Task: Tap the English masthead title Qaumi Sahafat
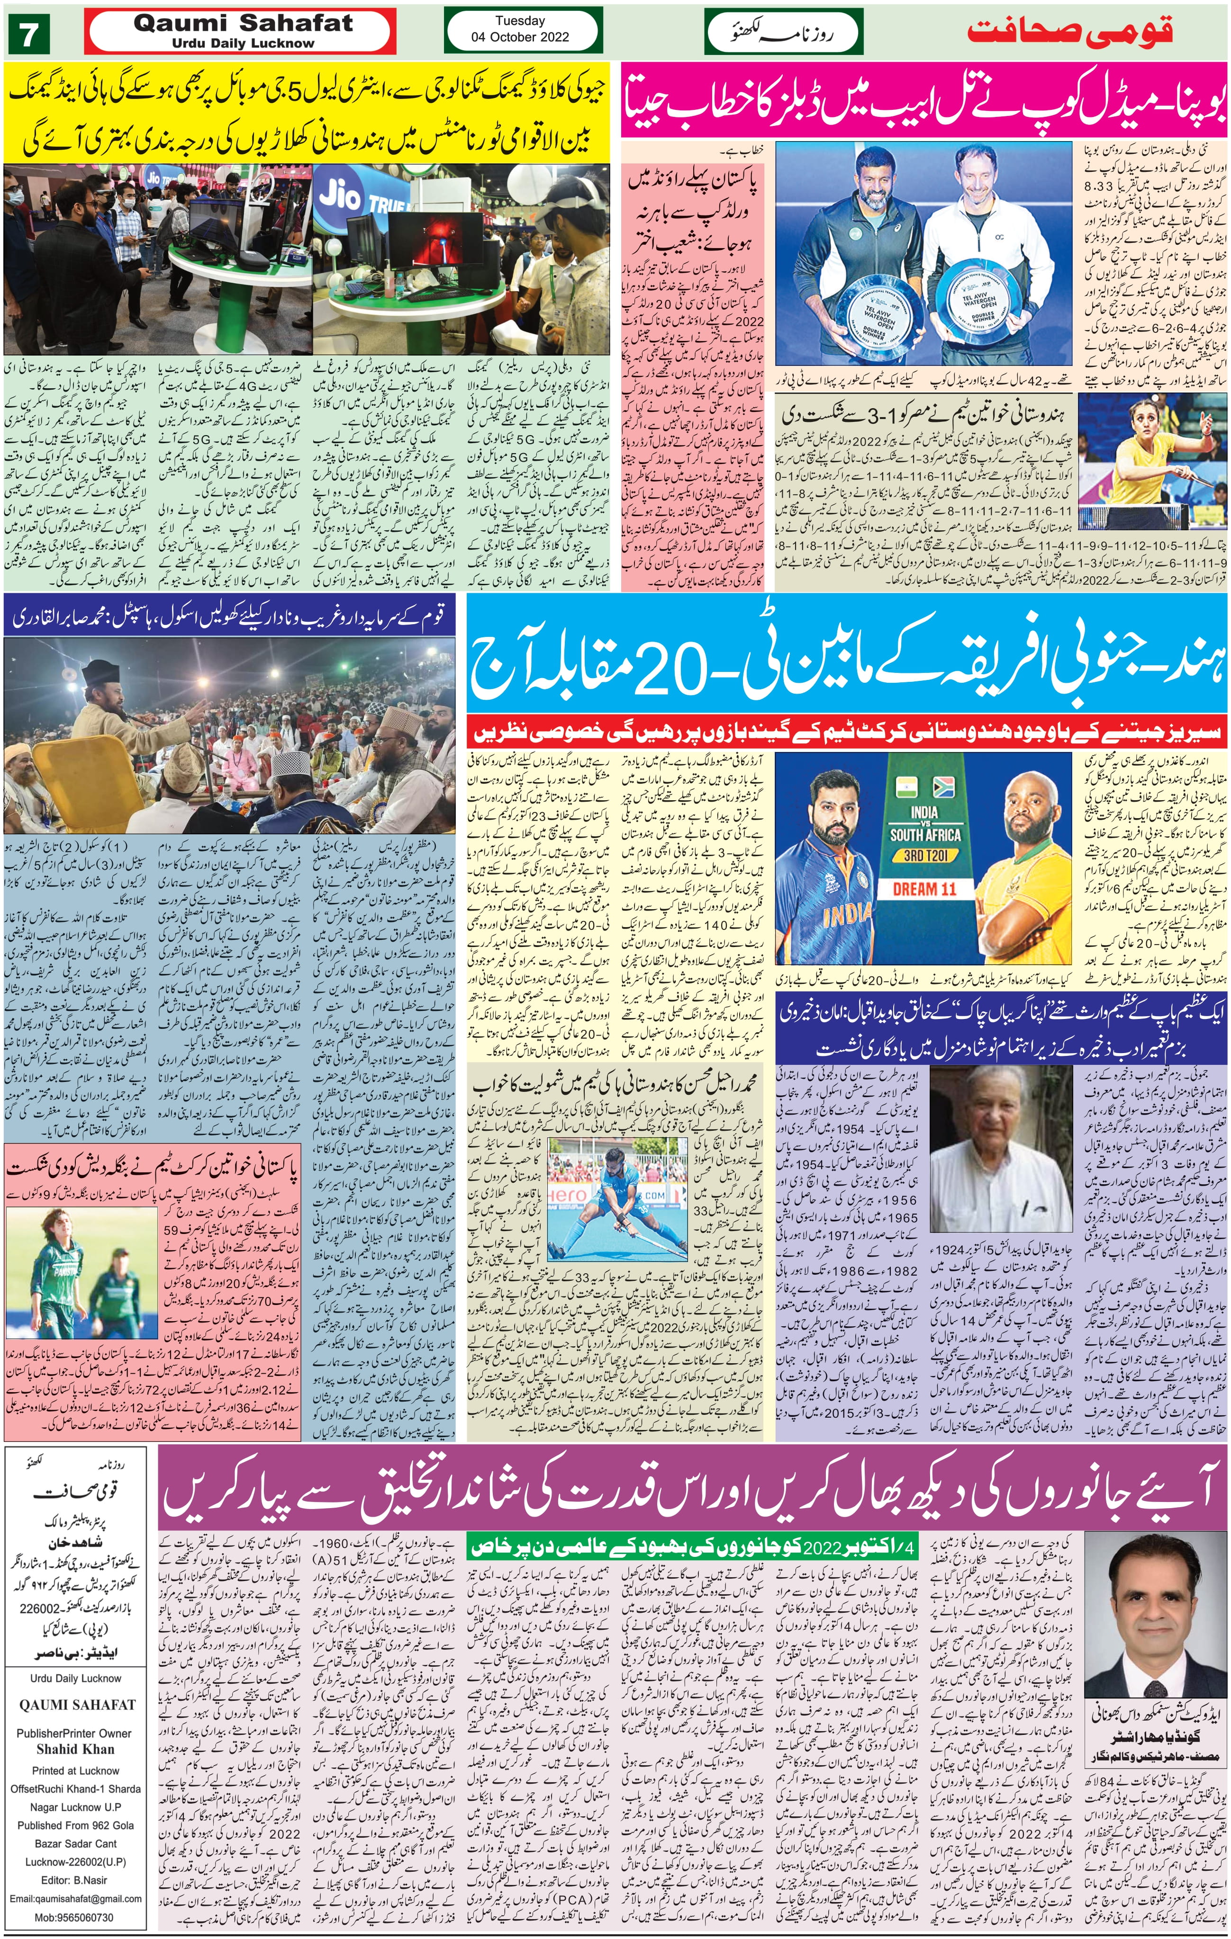tap(243, 23)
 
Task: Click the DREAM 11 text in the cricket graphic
tap(924, 889)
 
